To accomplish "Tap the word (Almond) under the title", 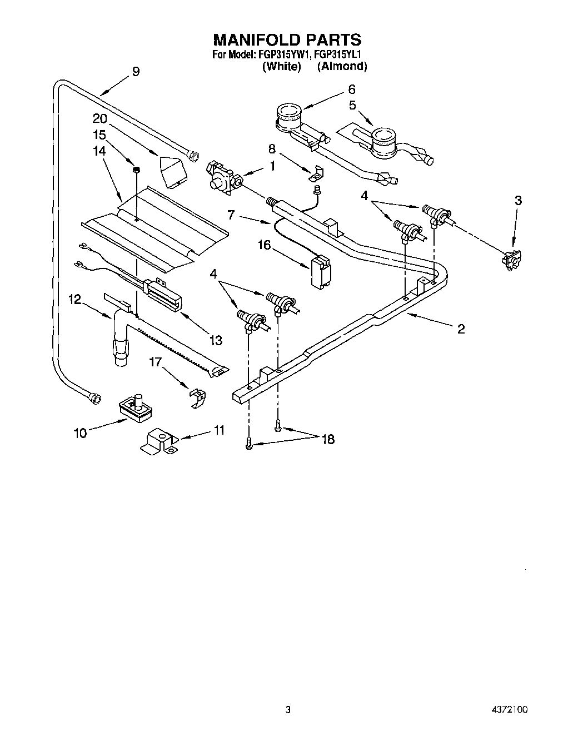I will coord(342,66).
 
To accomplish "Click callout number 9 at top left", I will coord(136,71).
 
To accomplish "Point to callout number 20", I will coord(100,119).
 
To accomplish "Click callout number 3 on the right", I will coord(518,201).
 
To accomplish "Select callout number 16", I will coord(264,245).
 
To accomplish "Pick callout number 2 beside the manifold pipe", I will coord(461,329).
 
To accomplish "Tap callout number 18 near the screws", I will coord(328,439).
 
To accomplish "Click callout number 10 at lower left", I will coord(81,432).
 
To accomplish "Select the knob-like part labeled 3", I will coord(511,260).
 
